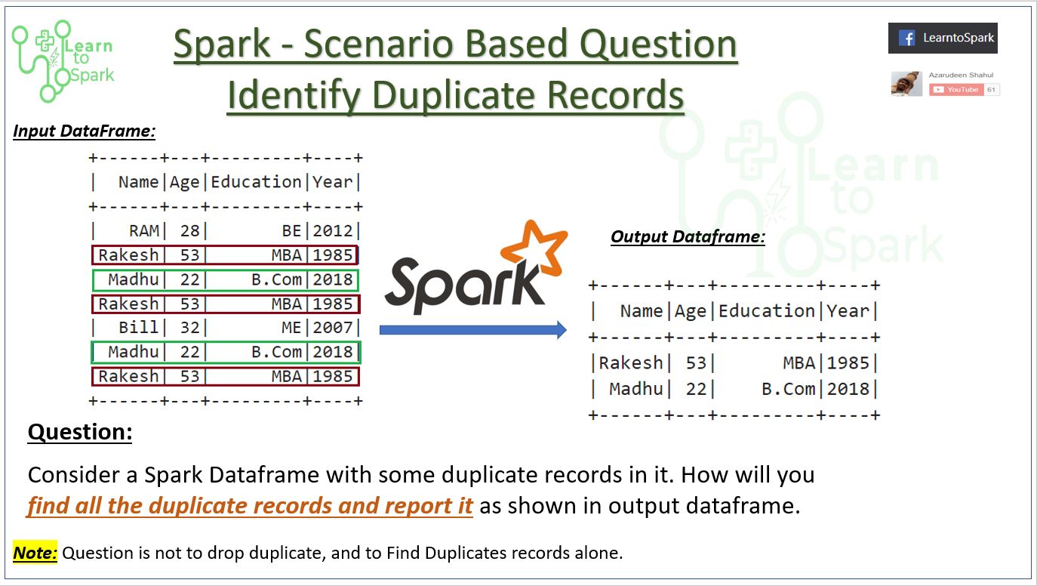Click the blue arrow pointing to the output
tap(472, 329)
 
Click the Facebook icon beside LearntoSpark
tap(906, 38)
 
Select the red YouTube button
tap(956, 89)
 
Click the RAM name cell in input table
tap(143, 231)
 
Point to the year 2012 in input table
tap(333, 231)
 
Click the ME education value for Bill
tap(291, 328)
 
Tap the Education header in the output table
tap(766, 311)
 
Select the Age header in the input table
tap(184, 182)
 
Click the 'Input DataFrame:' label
tap(85, 131)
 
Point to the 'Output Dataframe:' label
tap(688, 237)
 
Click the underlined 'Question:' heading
tap(80, 432)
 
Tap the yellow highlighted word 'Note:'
tap(35, 553)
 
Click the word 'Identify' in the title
tap(295, 95)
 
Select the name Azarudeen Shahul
tap(960, 76)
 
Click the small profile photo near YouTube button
tap(906, 84)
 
